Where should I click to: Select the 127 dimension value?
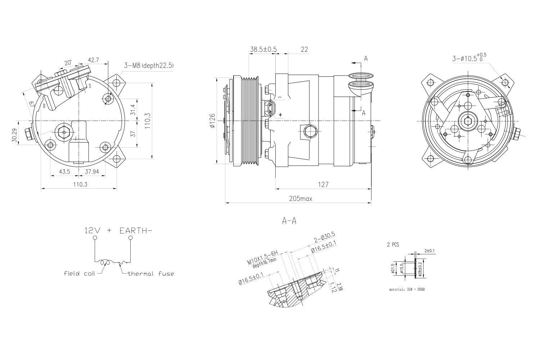coord(323,184)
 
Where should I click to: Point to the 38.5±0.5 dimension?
coord(263,49)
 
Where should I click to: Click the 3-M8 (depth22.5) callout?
coord(149,65)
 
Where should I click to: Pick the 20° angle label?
coord(68,63)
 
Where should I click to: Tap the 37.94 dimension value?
coord(92,172)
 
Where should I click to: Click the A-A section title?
coord(289,221)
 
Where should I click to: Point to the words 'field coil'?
coord(80,273)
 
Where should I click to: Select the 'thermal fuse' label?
coord(151,274)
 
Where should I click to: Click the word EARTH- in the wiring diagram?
coord(134,230)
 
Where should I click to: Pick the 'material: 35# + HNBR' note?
coord(407,289)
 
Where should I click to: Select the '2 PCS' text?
coord(393,244)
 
